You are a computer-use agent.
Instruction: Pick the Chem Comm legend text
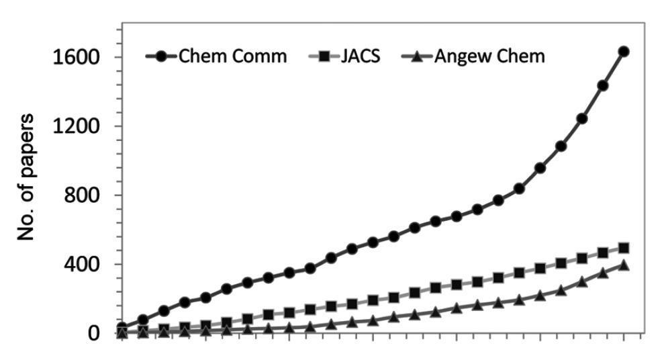tap(232, 56)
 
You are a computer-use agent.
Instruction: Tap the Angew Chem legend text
tap(489, 56)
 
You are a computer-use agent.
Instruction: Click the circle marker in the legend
tap(161, 56)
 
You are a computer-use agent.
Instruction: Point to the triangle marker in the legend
tap(416, 56)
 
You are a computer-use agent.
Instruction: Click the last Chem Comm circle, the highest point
tap(623, 51)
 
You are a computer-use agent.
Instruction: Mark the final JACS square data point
tap(623, 248)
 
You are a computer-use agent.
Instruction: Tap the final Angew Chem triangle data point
tap(623, 265)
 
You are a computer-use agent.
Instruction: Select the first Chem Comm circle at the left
tap(122, 327)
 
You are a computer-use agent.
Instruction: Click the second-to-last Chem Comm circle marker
tap(602, 85)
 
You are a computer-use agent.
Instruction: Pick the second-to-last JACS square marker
tap(602, 253)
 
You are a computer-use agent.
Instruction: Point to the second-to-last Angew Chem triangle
tap(602, 272)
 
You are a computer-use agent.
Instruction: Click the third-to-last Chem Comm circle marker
tap(581, 118)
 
